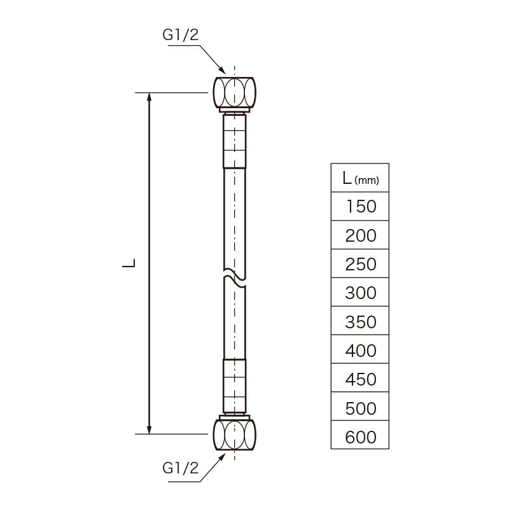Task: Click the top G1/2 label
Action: coord(181,35)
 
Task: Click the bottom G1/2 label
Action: coord(181,468)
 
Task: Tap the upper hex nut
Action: coord(234,92)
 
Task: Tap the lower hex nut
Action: coord(234,435)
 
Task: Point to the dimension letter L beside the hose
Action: coord(129,263)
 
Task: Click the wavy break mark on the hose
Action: coord(234,278)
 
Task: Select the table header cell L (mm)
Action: coord(360,178)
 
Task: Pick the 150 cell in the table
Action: coord(360,206)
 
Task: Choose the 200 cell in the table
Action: coord(360,235)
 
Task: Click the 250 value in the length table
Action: coord(361,264)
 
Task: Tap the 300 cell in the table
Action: coord(360,292)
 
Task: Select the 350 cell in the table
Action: coord(360,321)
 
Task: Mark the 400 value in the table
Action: coord(361,351)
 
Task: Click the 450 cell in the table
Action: coord(360,377)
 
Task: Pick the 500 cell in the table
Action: coord(360,406)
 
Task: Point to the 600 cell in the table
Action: coord(360,435)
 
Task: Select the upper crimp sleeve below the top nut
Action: coord(234,141)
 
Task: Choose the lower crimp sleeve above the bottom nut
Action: coord(234,386)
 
